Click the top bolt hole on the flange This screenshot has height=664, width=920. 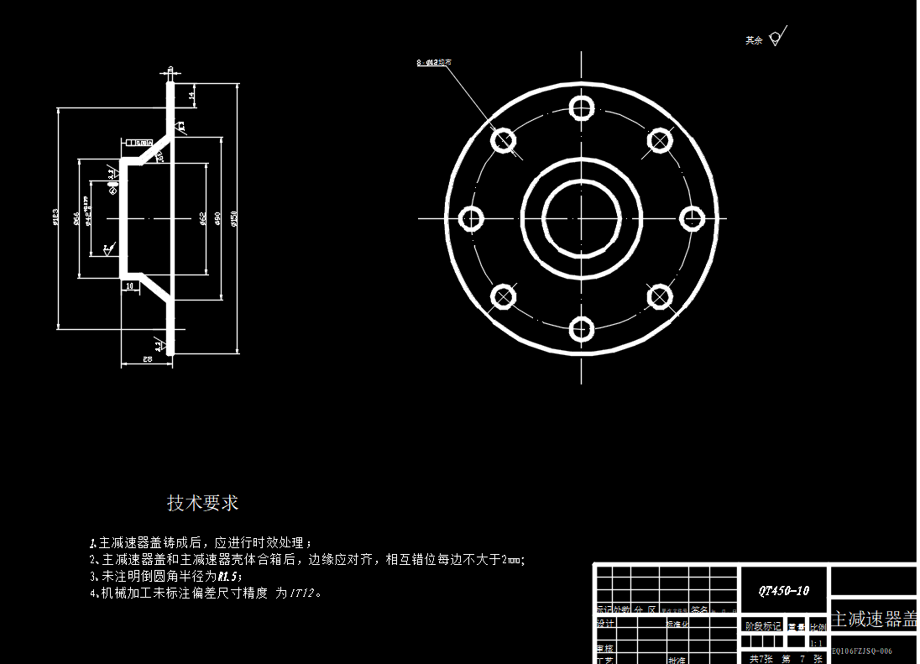tap(582, 107)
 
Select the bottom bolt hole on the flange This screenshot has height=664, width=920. tap(582, 328)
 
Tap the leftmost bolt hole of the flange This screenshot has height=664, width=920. tap(472, 219)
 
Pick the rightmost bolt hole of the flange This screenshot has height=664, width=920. tap(692, 219)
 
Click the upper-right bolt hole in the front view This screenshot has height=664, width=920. tap(660, 140)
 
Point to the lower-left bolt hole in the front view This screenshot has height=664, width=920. tap(504, 296)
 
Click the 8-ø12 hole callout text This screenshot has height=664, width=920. tap(434, 62)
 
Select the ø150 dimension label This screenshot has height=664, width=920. tap(234, 218)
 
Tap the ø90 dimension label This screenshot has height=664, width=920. tap(218, 218)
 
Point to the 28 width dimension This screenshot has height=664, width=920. tap(147, 359)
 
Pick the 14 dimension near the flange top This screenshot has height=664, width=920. tap(191, 96)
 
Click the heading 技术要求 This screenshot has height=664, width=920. tap(203, 503)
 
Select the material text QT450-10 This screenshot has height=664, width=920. tap(783, 591)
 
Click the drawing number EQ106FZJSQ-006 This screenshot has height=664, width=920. tap(862, 651)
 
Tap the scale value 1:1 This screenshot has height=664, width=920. tap(816, 643)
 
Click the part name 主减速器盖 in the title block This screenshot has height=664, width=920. tap(873, 620)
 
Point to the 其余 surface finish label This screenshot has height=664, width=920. tap(754, 40)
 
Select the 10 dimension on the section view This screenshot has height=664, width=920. tap(129, 286)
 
